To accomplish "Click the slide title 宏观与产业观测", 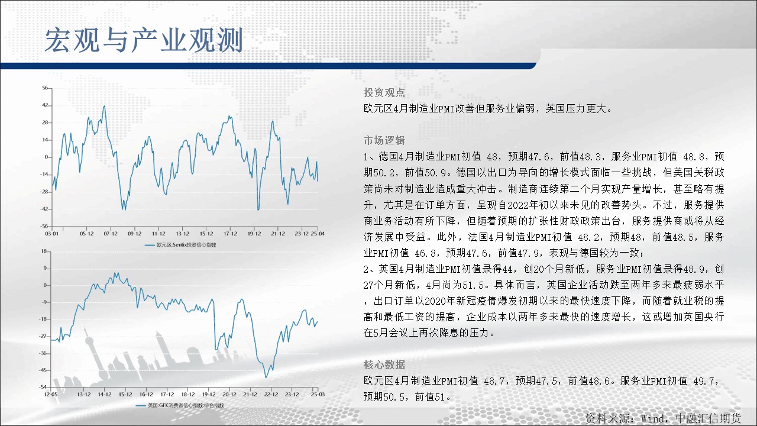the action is click(x=144, y=41).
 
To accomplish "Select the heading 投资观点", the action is click(x=384, y=92).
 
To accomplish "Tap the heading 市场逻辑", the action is click(x=384, y=140).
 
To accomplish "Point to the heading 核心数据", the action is click(x=384, y=364).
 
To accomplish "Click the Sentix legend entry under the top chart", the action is click(x=180, y=245).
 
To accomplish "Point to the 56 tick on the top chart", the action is click(x=45, y=88).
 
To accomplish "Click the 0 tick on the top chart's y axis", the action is click(x=46, y=157).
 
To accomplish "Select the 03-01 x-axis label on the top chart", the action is click(x=51, y=234).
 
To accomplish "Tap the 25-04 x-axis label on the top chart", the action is click(x=318, y=234).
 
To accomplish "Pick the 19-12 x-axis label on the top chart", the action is click(x=254, y=234).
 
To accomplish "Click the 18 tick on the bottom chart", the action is click(x=44, y=251).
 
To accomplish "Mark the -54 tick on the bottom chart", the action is click(x=43, y=387).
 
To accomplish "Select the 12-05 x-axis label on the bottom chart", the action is click(x=51, y=394).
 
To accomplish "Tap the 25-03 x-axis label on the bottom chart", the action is click(x=318, y=394).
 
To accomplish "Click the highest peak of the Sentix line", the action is click(x=104, y=106).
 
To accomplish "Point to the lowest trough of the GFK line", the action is click(x=266, y=377).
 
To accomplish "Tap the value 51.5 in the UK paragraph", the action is click(x=474, y=285).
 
